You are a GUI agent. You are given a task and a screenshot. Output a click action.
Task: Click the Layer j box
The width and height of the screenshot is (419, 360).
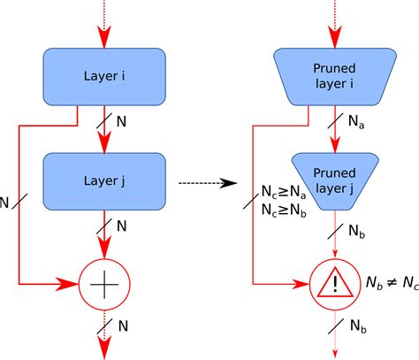[x=104, y=181]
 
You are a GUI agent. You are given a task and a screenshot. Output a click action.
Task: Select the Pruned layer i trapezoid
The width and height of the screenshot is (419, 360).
[x=333, y=77]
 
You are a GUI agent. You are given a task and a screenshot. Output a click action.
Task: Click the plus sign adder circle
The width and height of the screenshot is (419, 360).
[x=104, y=285]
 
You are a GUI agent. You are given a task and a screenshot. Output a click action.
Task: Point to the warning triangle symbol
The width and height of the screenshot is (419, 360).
[x=333, y=285]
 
